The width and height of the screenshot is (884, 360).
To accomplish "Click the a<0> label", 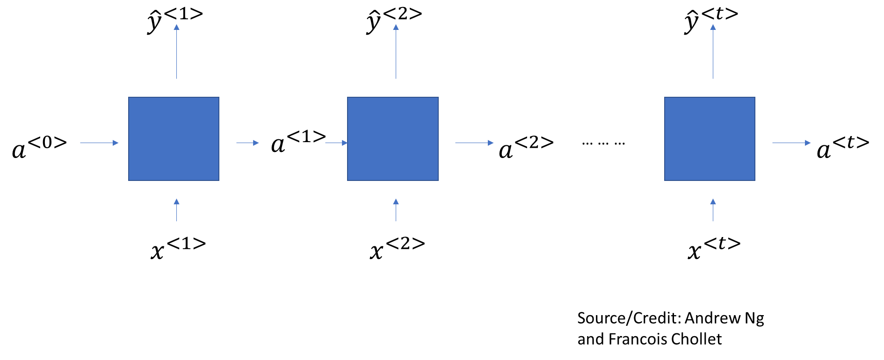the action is (39, 147).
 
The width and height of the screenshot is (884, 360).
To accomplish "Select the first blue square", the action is (174, 139).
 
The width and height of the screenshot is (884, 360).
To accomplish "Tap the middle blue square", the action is (393, 139).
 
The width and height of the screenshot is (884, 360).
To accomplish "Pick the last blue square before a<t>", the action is (710, 139).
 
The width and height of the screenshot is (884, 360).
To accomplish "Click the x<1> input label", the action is (178, 248).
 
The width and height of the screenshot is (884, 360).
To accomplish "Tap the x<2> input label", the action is (398, 248).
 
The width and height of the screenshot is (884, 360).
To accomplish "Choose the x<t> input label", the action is (714, 248).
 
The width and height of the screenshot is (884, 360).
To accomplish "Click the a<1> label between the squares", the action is (298, 141).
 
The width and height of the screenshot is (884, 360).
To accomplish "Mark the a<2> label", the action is (526, 147).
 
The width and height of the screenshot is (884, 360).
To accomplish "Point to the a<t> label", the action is (843, 147).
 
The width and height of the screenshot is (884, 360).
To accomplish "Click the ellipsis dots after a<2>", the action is (603, 144).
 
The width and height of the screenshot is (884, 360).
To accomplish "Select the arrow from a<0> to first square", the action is (100, 143).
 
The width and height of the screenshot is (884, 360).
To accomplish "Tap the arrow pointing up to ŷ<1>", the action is (176, 51).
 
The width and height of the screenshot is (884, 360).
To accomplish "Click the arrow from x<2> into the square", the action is (396, 210).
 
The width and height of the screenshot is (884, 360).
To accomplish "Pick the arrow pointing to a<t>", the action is (791, 143).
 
